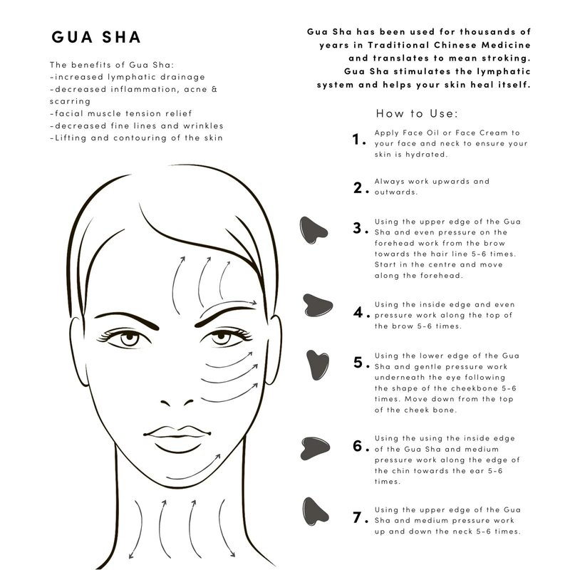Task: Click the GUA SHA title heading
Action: pyautogui.click(x=96, y=37)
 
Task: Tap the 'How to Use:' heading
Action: pyautogui.click(x=417, y=113)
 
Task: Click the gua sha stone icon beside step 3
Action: pyautogui.click(x=313, y=230)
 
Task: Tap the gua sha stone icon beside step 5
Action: pyautogui.click(x=318, y=365)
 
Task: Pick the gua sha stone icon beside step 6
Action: pyautogui.click(x=315, y=448)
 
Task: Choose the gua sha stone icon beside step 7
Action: pyautogui.click(x=315, y=512)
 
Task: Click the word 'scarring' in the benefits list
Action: pyautogui.click(x=70, y=101)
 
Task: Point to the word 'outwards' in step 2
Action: pyautogui.click(x=396, y=192)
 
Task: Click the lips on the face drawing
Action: pyautogui.click(x=177, y=439)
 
